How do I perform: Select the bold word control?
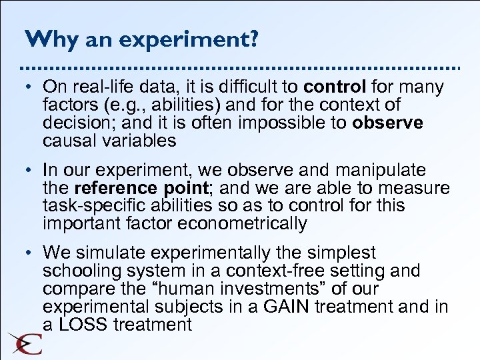(x=335, y=87)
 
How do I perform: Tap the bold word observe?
(x=387, y=123)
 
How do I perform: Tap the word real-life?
(x=98, y=87)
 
